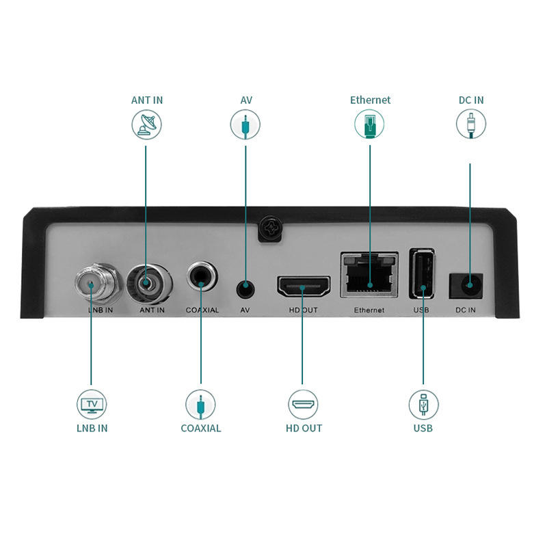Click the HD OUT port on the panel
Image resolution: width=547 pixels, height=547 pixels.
point(303,286)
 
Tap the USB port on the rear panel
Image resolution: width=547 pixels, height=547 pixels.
point(422,273)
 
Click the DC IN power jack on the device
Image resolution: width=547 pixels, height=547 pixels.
point(468,284)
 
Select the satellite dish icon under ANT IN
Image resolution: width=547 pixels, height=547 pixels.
point(146,125)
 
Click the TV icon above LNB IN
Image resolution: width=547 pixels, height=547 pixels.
point(92,404)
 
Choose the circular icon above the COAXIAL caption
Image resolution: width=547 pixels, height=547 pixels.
point(201,404)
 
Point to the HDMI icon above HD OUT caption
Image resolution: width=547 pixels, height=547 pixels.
point(303,404)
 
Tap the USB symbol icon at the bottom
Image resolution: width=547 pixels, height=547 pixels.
point(423,404)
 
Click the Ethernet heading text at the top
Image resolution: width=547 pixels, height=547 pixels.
point(370,100)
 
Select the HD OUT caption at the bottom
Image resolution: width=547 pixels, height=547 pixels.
point(304,429)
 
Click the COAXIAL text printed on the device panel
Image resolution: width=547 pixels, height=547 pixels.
point(202,310)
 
